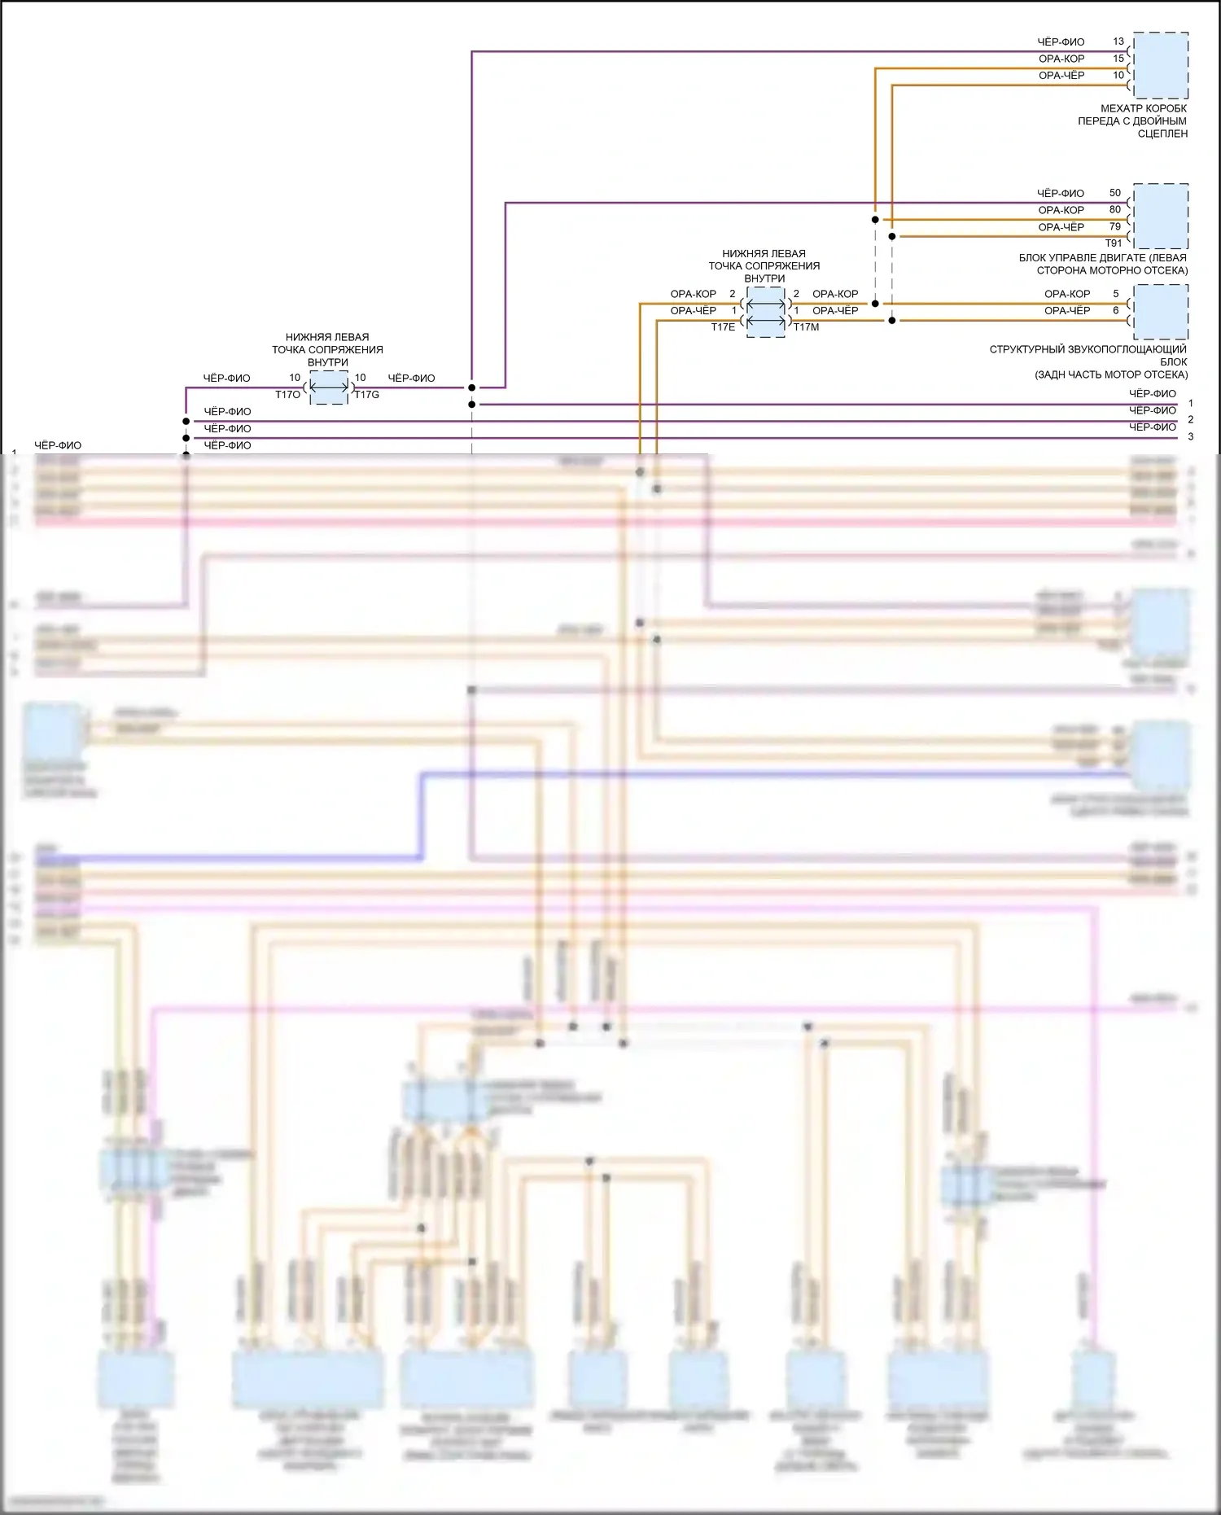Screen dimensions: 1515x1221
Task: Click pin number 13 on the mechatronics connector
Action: (1118, 42)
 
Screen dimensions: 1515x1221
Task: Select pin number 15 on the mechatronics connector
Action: (1118, 59)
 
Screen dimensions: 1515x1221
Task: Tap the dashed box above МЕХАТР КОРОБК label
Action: (1161, 65)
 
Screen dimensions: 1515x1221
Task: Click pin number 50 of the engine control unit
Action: (1114, 193)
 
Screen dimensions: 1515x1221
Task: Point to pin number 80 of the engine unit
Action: (1114, 210)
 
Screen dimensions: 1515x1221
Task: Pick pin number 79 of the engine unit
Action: (1114, 227)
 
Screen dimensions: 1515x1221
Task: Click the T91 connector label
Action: (1113, 243)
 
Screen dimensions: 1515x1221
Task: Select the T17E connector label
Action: (723, 327)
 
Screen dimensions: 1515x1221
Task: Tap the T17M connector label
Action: (806, 327)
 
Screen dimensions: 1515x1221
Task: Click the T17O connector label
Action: (287, 395)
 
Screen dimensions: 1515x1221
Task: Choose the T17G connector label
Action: (366, 395)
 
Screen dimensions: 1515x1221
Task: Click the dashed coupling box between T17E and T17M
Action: (765, 313)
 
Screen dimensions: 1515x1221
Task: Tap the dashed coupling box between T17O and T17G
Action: (328, 388)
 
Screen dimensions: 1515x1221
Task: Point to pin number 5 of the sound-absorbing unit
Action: (1115, 294)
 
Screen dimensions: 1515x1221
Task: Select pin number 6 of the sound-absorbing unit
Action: (1115, 310)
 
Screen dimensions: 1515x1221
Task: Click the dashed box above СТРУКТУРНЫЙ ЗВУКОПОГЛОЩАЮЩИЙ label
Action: (1161, 312)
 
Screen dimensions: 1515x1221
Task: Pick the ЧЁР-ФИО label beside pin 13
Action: (1061, 42)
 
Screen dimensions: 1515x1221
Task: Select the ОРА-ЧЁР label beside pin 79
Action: (1061, 227)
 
